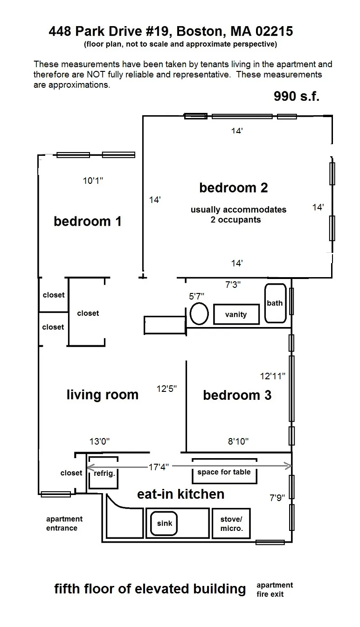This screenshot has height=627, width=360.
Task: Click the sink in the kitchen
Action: (x=164, y=523)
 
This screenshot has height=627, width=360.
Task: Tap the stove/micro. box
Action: (x=231, y=523)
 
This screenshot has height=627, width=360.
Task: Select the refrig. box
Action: (x=104, y=473)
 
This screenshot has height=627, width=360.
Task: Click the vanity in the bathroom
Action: (x=235, y=314)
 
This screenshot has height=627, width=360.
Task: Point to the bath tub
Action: (x=275, y=303)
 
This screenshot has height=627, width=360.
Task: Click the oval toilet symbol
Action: (x=199, y=313)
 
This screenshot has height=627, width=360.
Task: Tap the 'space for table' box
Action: (x=224, y=472)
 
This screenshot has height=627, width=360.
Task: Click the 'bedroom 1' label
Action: (x=88, y=221)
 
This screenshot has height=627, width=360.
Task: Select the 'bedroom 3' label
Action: (x=237, y=395)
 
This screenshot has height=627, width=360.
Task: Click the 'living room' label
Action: (x=102, y=395)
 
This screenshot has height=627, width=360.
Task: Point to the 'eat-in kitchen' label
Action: (x=180, y=494)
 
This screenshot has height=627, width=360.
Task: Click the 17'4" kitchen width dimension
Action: (x=159, y=466)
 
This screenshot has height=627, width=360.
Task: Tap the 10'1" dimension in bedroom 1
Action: (x=93, y=181)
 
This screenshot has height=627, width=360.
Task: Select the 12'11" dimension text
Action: (x=272, y=375)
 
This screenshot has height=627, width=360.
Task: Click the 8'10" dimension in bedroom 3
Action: (x=238, y=441)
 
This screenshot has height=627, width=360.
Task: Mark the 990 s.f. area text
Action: (x=296, y=96)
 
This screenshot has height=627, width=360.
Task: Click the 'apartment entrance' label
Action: (x=64, y=523)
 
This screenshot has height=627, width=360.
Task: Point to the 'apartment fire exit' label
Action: (x=275, y=589)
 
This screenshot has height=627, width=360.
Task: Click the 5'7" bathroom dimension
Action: (x=196, y=296)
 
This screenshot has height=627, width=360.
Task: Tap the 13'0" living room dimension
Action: (x=99, y=441)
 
